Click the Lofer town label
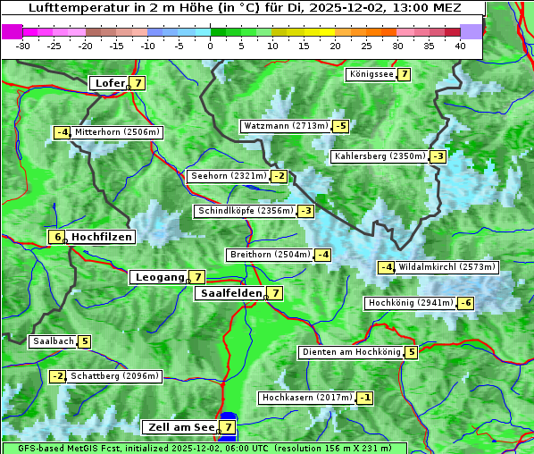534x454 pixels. point(109,83)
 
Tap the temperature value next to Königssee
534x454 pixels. point(404,74)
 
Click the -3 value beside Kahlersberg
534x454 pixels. point(438,156)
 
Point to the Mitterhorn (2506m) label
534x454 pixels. point(117,132)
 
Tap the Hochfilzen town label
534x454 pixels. point(102,237)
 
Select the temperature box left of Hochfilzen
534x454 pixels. point(56,237)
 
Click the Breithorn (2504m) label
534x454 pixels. point(269,255)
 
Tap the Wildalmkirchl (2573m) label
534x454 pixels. point(446,267)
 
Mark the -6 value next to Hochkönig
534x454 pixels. point(465,303)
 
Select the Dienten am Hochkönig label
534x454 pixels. point(350,352)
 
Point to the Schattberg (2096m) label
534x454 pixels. point(114,376)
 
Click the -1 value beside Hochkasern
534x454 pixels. point(365,397)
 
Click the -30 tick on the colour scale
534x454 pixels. point(23,45)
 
